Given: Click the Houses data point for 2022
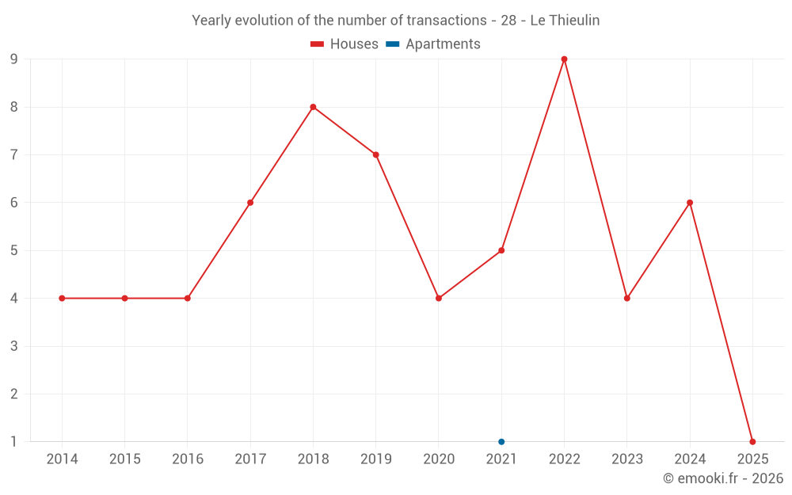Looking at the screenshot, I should [x=564, y=59].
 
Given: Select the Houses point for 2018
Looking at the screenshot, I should [x=313, y=107].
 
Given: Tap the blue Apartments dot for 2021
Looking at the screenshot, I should [x=501, y=442].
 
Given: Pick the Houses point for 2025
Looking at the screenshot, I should [x=752, y=442].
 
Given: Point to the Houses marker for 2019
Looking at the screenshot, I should [x=376, y=154].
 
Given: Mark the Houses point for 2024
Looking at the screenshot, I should [x=690, y=203].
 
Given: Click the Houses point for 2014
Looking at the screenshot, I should [x=62, y=299].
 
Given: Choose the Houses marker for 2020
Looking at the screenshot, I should [x=439, y=299].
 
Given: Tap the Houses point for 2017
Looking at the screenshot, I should [x=250, y=203].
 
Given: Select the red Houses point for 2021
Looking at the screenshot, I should [x=501, y=250].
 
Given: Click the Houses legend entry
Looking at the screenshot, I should [x=345, y=44].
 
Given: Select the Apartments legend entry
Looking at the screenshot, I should [x=433, y=44].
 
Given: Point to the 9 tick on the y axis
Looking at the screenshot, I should [x=14, y=59].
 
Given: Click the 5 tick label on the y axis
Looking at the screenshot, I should [x=14, y=250].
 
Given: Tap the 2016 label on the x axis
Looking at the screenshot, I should [x=188, y=459].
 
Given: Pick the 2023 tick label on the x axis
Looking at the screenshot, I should [x=627, y=459].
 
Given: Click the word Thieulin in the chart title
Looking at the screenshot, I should [x=574, y=21].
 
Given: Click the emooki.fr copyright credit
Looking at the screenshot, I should [x=722, y=478].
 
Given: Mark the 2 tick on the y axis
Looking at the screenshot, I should [x=14, y=394].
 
